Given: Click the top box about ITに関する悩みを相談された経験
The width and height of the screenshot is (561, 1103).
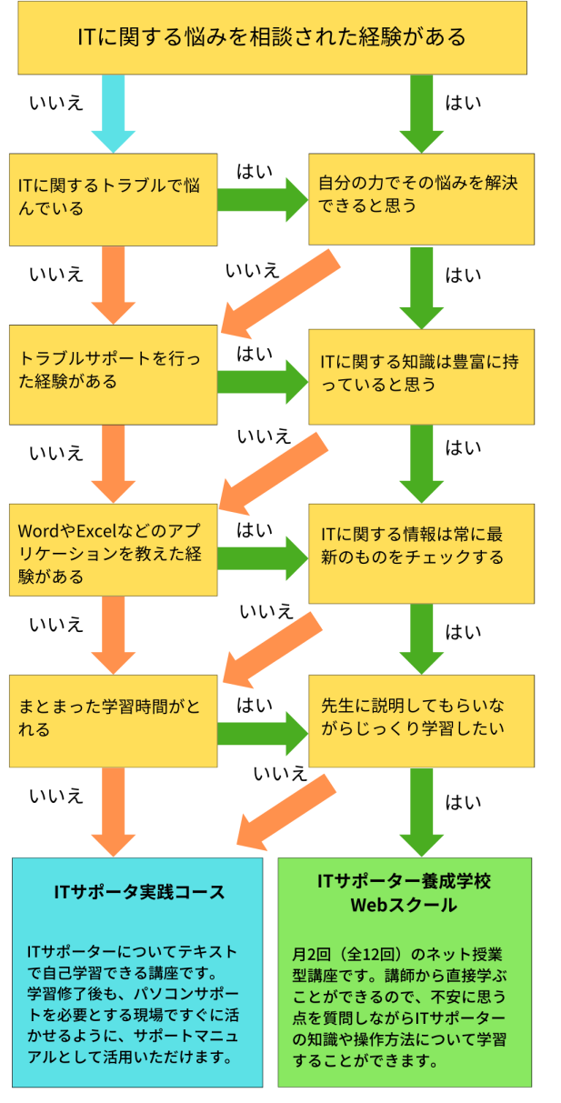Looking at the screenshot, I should (x=272, y=37).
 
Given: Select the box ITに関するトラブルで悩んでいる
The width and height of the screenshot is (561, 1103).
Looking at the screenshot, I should (x=113, y=199).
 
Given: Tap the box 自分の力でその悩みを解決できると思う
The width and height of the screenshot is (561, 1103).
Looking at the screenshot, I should (x=420, y=199).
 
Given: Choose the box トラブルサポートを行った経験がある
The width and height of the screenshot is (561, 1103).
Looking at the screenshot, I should (x=113, y=374).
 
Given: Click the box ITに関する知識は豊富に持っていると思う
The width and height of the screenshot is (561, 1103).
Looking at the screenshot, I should (x=420, y=374).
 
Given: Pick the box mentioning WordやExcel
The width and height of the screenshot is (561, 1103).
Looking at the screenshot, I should (x=113, y=551).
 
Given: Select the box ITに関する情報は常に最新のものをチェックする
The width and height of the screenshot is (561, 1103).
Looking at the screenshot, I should (x=420, y=551).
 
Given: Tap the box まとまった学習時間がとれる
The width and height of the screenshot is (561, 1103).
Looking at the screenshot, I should (x=113, y=719).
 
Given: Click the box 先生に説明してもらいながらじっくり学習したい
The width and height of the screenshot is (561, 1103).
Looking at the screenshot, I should (x=420, y=719).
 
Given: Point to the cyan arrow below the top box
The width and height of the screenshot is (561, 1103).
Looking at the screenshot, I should (x=113, y=115).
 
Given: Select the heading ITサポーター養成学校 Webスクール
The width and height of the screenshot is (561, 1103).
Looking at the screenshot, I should (x=404, y=893).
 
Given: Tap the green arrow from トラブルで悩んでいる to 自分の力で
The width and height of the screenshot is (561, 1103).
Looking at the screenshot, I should (x=263, y=199).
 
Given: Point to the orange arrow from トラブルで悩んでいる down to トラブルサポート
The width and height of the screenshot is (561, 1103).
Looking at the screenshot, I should (x=113, y=285).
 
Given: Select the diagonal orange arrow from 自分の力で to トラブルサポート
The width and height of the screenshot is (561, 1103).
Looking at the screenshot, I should (x=278, y=293).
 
